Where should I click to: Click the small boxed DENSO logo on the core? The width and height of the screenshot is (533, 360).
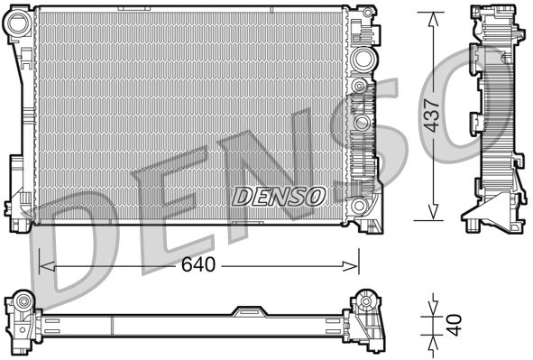coord(279,194)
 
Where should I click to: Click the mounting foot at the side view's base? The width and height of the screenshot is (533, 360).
coord(486,220)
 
